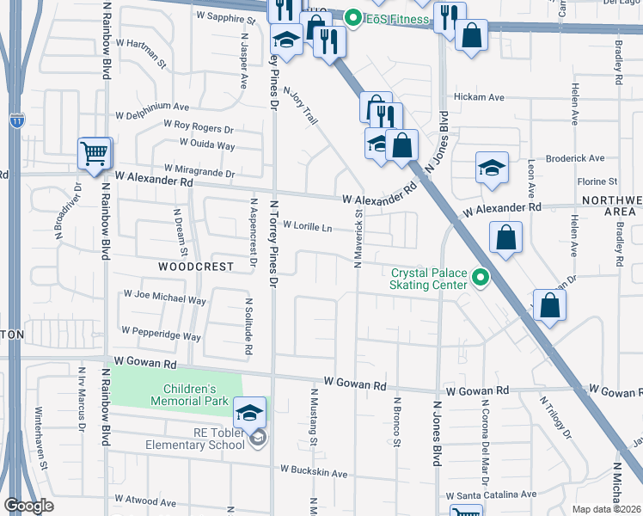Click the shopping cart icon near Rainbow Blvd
95,154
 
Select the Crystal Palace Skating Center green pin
481,278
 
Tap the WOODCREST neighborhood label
196,267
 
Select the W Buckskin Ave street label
314,472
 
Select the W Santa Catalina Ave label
490,495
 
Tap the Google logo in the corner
28,506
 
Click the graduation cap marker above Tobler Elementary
248,413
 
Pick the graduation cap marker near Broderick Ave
491,167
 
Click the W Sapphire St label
226,16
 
